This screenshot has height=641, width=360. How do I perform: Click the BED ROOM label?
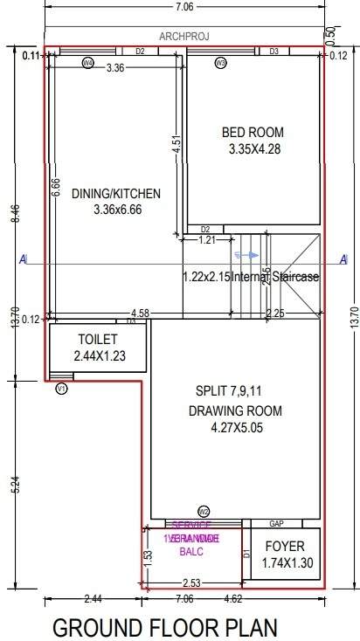point(253,132)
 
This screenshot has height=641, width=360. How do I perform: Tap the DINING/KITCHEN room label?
point(116,194)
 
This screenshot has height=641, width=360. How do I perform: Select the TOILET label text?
point(97,339)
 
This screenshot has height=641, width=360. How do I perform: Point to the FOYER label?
point(285,548)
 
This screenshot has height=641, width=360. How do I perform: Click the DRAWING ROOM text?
point(235,411)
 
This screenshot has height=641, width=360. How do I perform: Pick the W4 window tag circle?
point(87,63)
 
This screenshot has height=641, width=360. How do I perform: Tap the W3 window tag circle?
point(220,63)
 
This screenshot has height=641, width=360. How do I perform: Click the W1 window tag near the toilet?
point(61,389)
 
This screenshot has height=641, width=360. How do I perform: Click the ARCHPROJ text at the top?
point(185,37)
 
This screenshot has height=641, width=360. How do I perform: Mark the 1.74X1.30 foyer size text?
point(285,565)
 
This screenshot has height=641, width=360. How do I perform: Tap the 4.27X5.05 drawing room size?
point(238,428)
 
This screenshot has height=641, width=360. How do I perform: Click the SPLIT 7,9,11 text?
point(229,389)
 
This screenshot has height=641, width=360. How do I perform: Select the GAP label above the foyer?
point(276,524)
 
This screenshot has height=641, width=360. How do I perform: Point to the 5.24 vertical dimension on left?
point(17,486)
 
